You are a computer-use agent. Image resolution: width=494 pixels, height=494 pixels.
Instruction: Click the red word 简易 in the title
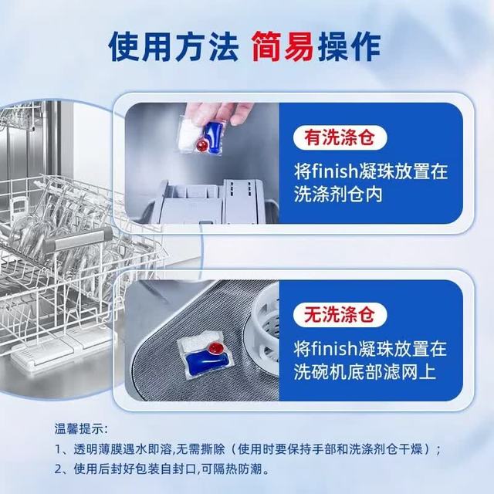click(x=283, y=46)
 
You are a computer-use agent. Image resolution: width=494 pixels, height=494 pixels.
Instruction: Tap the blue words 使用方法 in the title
click(x=173, y=46)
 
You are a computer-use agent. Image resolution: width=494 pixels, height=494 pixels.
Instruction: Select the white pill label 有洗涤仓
click(x=340, y=137)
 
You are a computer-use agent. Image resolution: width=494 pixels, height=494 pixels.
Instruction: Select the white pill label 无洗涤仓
click(x=340, y=314)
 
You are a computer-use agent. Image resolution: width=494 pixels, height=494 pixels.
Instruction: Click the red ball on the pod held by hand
click(x=201, y=145)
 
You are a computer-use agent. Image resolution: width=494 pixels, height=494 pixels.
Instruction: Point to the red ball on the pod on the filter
click(x=217, y=348)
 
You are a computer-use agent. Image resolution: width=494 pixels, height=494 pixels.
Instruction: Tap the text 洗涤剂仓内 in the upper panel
click(x=338, y=195)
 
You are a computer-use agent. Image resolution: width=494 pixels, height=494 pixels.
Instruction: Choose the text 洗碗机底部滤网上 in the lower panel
click(x=365, y=372)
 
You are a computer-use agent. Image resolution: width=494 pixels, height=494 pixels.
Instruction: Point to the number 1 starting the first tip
click(x=58, y=449)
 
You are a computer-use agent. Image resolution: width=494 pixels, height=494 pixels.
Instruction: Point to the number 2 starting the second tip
click(x=58, y=469)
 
